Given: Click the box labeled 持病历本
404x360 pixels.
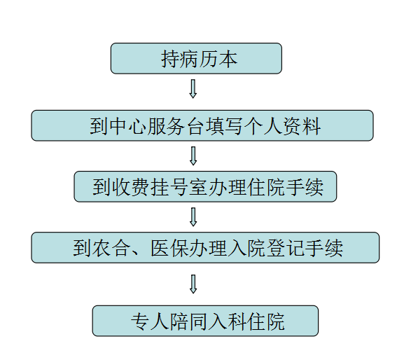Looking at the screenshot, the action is point(196,59).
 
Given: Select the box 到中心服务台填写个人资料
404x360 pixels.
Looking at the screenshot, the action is point(202,125).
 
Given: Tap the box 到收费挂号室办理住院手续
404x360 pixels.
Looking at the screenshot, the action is point(205,186).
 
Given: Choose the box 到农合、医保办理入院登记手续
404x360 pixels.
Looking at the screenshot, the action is point(205,248).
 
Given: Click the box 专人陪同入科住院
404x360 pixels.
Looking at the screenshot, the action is point(205,321).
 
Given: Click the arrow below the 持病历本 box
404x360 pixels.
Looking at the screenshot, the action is point(193,89).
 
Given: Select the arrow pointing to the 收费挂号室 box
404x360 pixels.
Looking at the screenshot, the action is point(193,156).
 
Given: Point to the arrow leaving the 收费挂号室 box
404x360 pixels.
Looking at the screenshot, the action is point(193,217).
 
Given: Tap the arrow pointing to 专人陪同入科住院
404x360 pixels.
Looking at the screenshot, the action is point(193,284).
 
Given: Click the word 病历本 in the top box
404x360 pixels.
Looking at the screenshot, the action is point(209,59).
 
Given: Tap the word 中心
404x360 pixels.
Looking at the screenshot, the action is point(128,126).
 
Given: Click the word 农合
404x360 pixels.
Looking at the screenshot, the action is point(111,248).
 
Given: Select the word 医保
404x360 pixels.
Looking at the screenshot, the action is point(169,248).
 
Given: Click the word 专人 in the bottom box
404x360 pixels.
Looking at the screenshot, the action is point(150,321).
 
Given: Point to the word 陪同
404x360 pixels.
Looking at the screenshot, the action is point(188,321).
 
